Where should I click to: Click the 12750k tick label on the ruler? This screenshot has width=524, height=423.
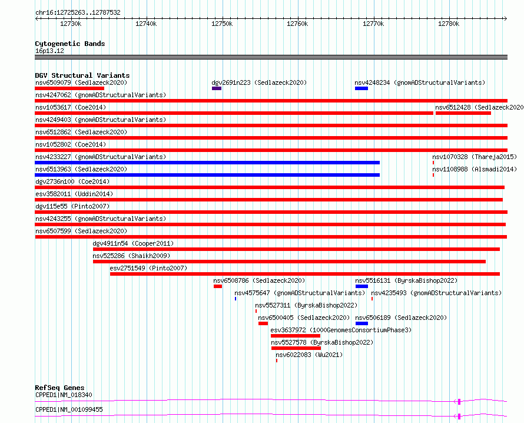tap(222, 24)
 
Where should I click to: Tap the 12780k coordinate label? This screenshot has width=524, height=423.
tap(449, 24)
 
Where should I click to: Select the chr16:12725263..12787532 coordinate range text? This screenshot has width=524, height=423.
tap(78, 13)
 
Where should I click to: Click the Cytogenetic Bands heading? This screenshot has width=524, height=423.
tap(70, 44)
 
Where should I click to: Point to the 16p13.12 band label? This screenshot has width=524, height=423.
tap(49, 51)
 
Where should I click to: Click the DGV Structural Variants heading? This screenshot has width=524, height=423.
tap(82, 75)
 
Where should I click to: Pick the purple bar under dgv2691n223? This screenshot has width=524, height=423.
tap(217, 88)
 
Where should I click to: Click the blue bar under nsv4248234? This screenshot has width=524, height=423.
tap(362, 88)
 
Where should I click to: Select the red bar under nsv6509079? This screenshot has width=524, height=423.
tap(69, 88)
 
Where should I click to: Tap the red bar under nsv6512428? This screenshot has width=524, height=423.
tap(463, 113)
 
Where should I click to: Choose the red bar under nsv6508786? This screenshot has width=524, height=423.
tap(218, 286)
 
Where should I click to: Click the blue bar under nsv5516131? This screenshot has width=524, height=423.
tap(362, 286)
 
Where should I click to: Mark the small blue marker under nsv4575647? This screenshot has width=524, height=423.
tap(236, 299)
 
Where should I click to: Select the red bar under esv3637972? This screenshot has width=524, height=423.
tap(296, 336)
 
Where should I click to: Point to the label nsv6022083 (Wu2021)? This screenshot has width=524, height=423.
tap(309, 355)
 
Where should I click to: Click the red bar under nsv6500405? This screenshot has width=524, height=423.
tap(263, 323)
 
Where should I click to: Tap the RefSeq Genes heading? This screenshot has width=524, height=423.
tap(59, 388)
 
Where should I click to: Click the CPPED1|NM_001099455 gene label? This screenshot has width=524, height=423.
tap(69, 409)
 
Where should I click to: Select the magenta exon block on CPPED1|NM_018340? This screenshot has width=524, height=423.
tap(459, 401)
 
